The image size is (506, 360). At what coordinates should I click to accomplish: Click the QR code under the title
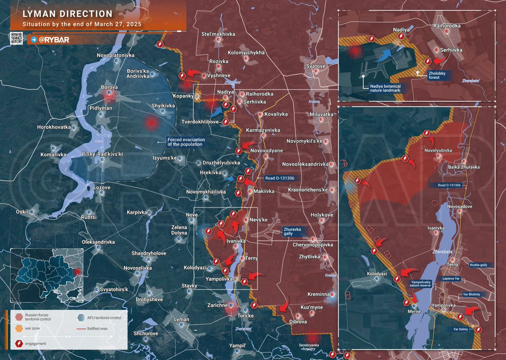(x=16, y=38)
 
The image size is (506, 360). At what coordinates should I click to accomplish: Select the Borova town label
(x=109, y=87)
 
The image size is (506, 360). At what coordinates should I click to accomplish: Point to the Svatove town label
(x=315, y=66)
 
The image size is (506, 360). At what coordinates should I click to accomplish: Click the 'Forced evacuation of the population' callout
(x=186, y=142)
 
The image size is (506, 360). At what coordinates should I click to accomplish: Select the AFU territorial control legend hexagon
(x=81, y=317)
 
